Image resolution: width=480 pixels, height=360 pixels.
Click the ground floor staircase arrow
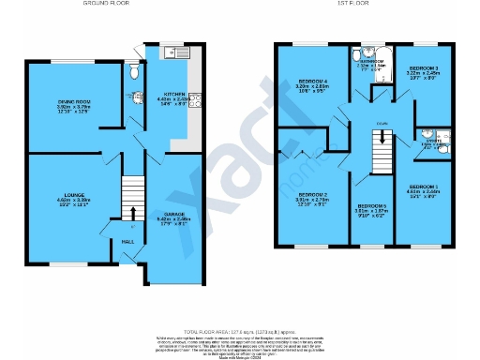pos(133,211)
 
